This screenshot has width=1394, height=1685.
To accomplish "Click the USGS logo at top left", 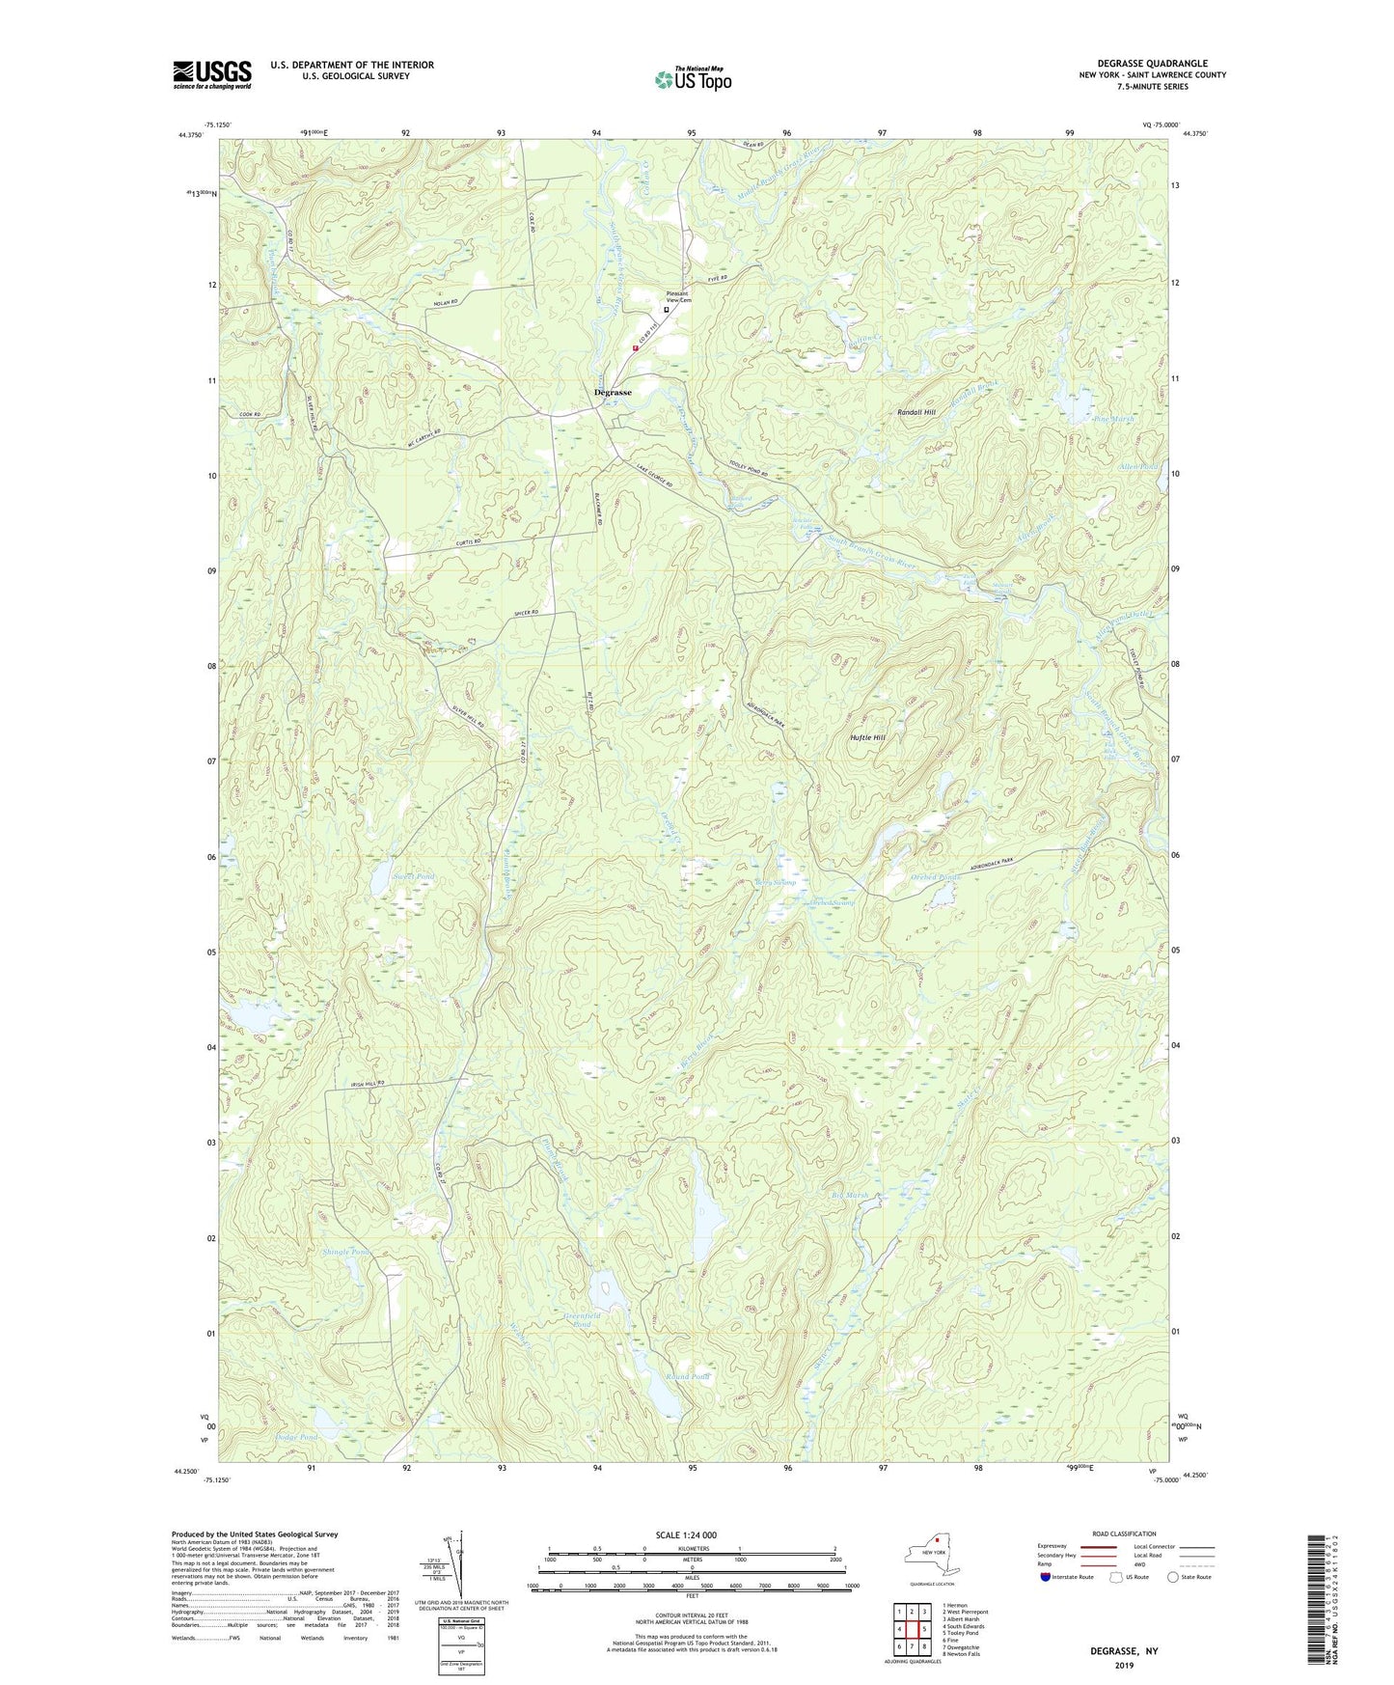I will (212, 74).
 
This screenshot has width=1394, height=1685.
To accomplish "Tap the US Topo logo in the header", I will (692, 79).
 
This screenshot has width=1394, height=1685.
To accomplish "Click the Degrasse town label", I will (613, 393).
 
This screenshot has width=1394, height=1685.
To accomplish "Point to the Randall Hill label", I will (916, 412).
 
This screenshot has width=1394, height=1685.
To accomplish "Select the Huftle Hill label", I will (867, 737).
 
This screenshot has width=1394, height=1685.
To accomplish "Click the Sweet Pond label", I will (387, 876).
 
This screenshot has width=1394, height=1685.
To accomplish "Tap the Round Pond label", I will (687, 1376).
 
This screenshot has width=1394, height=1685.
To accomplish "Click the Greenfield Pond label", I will (582, 1320).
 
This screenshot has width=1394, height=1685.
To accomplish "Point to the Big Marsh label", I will (849, 1195).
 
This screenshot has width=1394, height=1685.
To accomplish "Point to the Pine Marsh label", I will (1089, 420).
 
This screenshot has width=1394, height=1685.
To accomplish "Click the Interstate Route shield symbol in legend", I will (1046, 1577).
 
